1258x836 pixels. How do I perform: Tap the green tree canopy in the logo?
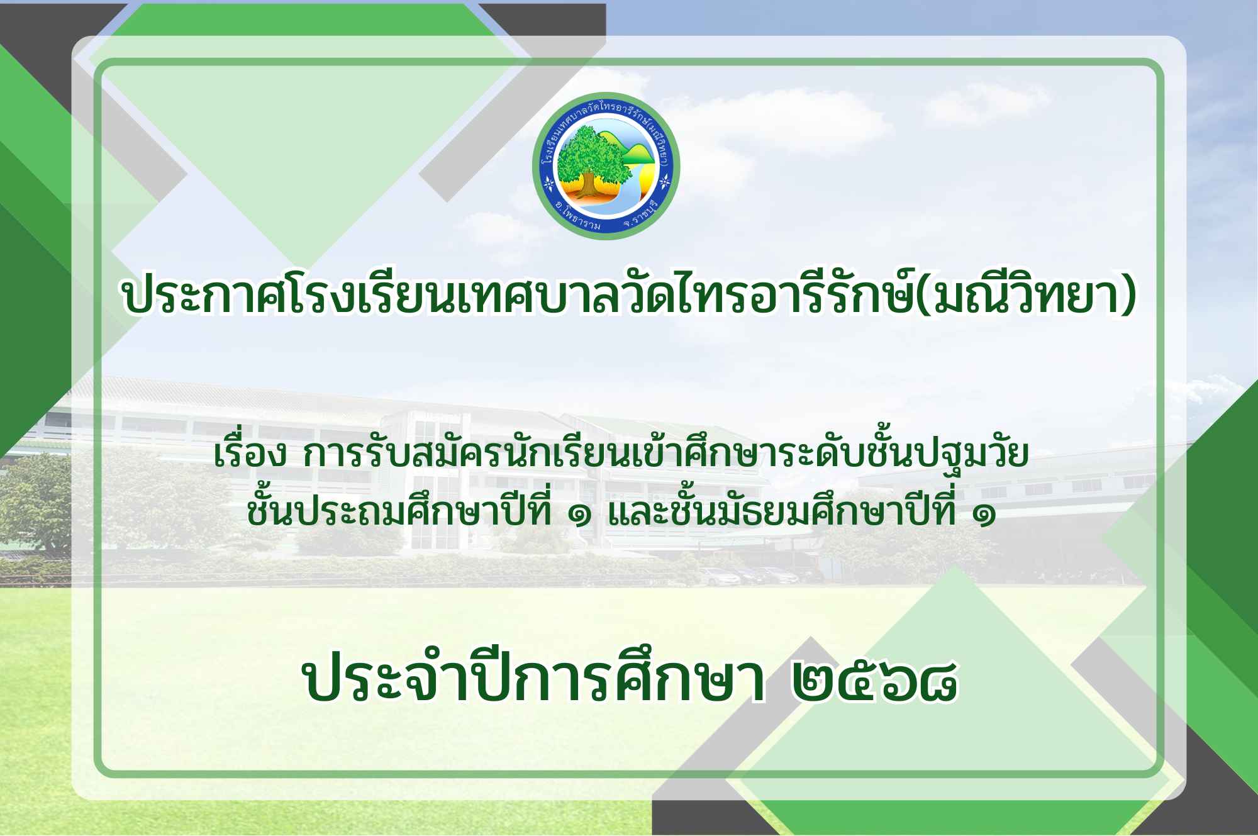click(591, 154)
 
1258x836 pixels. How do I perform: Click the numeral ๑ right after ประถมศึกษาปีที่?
click(579, 516)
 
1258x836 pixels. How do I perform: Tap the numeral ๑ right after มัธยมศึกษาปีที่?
click(984, 516)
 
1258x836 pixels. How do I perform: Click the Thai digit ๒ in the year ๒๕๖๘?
click(815, 681)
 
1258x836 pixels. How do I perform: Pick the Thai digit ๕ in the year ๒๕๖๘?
click(858, 681)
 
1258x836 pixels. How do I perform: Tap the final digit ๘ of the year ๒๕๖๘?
click(938, 681)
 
